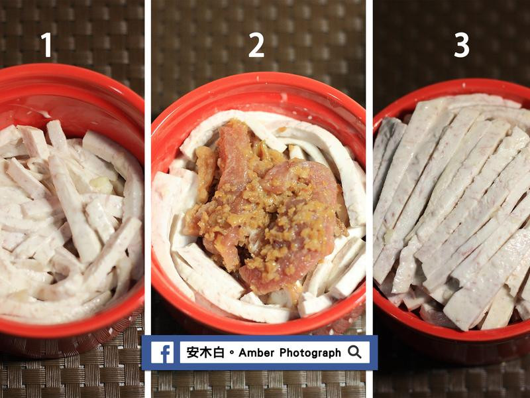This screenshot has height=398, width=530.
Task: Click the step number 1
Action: click(x=46, y=44)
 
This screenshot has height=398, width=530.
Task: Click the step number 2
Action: click(x=256, y=44)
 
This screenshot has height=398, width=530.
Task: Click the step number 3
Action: click(x=461, y=44)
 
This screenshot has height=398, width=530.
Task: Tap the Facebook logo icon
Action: click(x=162, y=352)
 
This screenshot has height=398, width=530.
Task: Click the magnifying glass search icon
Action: click(x=354, y=352)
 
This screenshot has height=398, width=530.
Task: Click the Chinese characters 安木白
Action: click(x=205, y=352)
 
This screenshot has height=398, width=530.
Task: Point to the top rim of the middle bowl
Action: click(x=258, y=80)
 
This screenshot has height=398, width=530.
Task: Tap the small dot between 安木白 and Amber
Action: click(x=231, y=353)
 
